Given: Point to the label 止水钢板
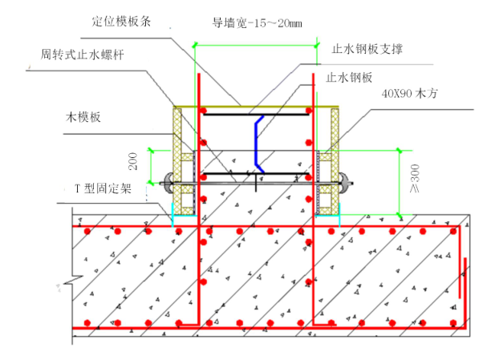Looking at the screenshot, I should point(350,78).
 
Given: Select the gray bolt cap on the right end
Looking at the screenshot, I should point(345,183).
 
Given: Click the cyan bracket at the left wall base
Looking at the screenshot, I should point(173,210).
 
